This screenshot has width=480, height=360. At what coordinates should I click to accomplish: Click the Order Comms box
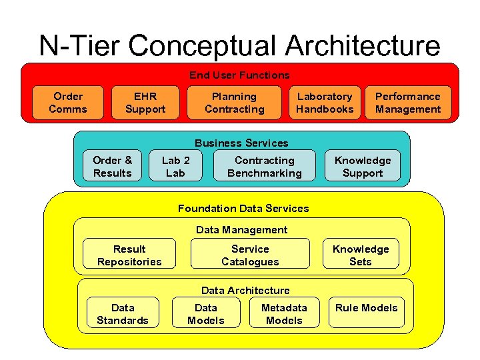(68, 103)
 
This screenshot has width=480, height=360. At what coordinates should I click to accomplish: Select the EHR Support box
(145, 103)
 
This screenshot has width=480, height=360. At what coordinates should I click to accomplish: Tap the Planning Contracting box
(234, 103)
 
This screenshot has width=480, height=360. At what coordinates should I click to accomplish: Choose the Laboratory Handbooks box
(325, 103)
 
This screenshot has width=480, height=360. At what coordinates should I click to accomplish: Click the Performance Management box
(407, 103)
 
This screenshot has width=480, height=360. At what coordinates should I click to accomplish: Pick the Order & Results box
(113, 167)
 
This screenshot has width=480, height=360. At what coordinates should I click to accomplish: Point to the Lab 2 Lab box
(175, 167)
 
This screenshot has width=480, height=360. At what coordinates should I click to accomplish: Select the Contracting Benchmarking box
(264, 167)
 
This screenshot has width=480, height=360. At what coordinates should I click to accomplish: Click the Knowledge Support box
(363, 167)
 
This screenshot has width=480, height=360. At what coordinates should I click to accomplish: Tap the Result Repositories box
(129, 255)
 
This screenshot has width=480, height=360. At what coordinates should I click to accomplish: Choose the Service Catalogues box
(250, 255)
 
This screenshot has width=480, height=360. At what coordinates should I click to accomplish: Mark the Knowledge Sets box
(361, 255)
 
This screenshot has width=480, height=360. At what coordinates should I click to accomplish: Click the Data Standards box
(123, 314)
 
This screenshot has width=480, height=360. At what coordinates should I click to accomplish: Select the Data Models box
(205, 314)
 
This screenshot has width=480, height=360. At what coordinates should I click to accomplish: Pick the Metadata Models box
(284, 314)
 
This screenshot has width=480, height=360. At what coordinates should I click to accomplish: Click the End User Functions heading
(239, 75)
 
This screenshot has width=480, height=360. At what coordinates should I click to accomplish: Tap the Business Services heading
(241, 143)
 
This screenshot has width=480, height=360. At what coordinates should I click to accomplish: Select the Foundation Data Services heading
(243, 209)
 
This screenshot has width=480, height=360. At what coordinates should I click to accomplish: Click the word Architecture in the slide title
(363, 47)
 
